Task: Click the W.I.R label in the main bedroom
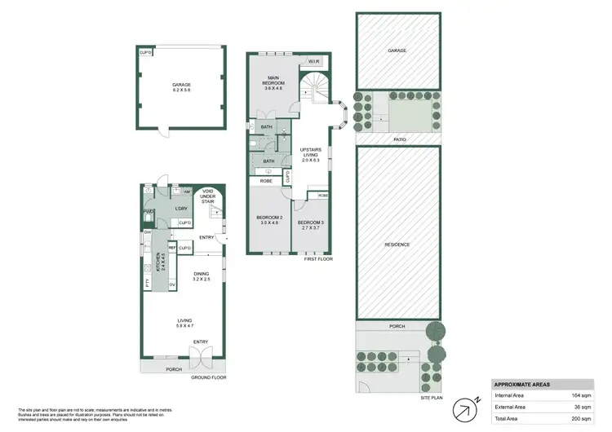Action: (313, 62)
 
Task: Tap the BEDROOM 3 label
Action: (310, 223)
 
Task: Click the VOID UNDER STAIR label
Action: (208, 197)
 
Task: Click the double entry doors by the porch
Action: (200, 356)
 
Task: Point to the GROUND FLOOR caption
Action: (209, 377)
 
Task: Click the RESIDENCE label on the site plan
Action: (397, 245)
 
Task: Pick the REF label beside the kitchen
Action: (171, 245)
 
